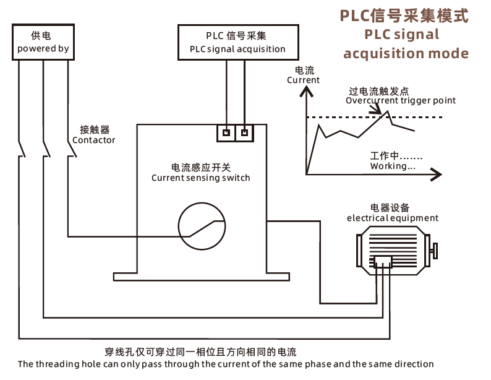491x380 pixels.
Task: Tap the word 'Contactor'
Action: [93, 140]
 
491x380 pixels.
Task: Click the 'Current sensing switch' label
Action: [201, 178]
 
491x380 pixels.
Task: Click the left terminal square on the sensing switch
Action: [226, 133]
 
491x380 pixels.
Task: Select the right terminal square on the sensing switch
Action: [244, 133]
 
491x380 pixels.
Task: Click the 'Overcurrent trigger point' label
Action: [401, 100]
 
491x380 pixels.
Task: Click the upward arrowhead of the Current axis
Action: [306, 91]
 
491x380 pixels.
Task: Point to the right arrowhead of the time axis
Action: [437, 175]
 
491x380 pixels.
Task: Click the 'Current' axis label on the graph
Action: [303, 80]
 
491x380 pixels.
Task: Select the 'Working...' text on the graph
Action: [393, 166]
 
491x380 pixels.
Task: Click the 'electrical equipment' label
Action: [392, 218]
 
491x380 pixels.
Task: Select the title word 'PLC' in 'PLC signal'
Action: [375, 35]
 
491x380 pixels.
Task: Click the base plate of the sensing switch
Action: [202, 277]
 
